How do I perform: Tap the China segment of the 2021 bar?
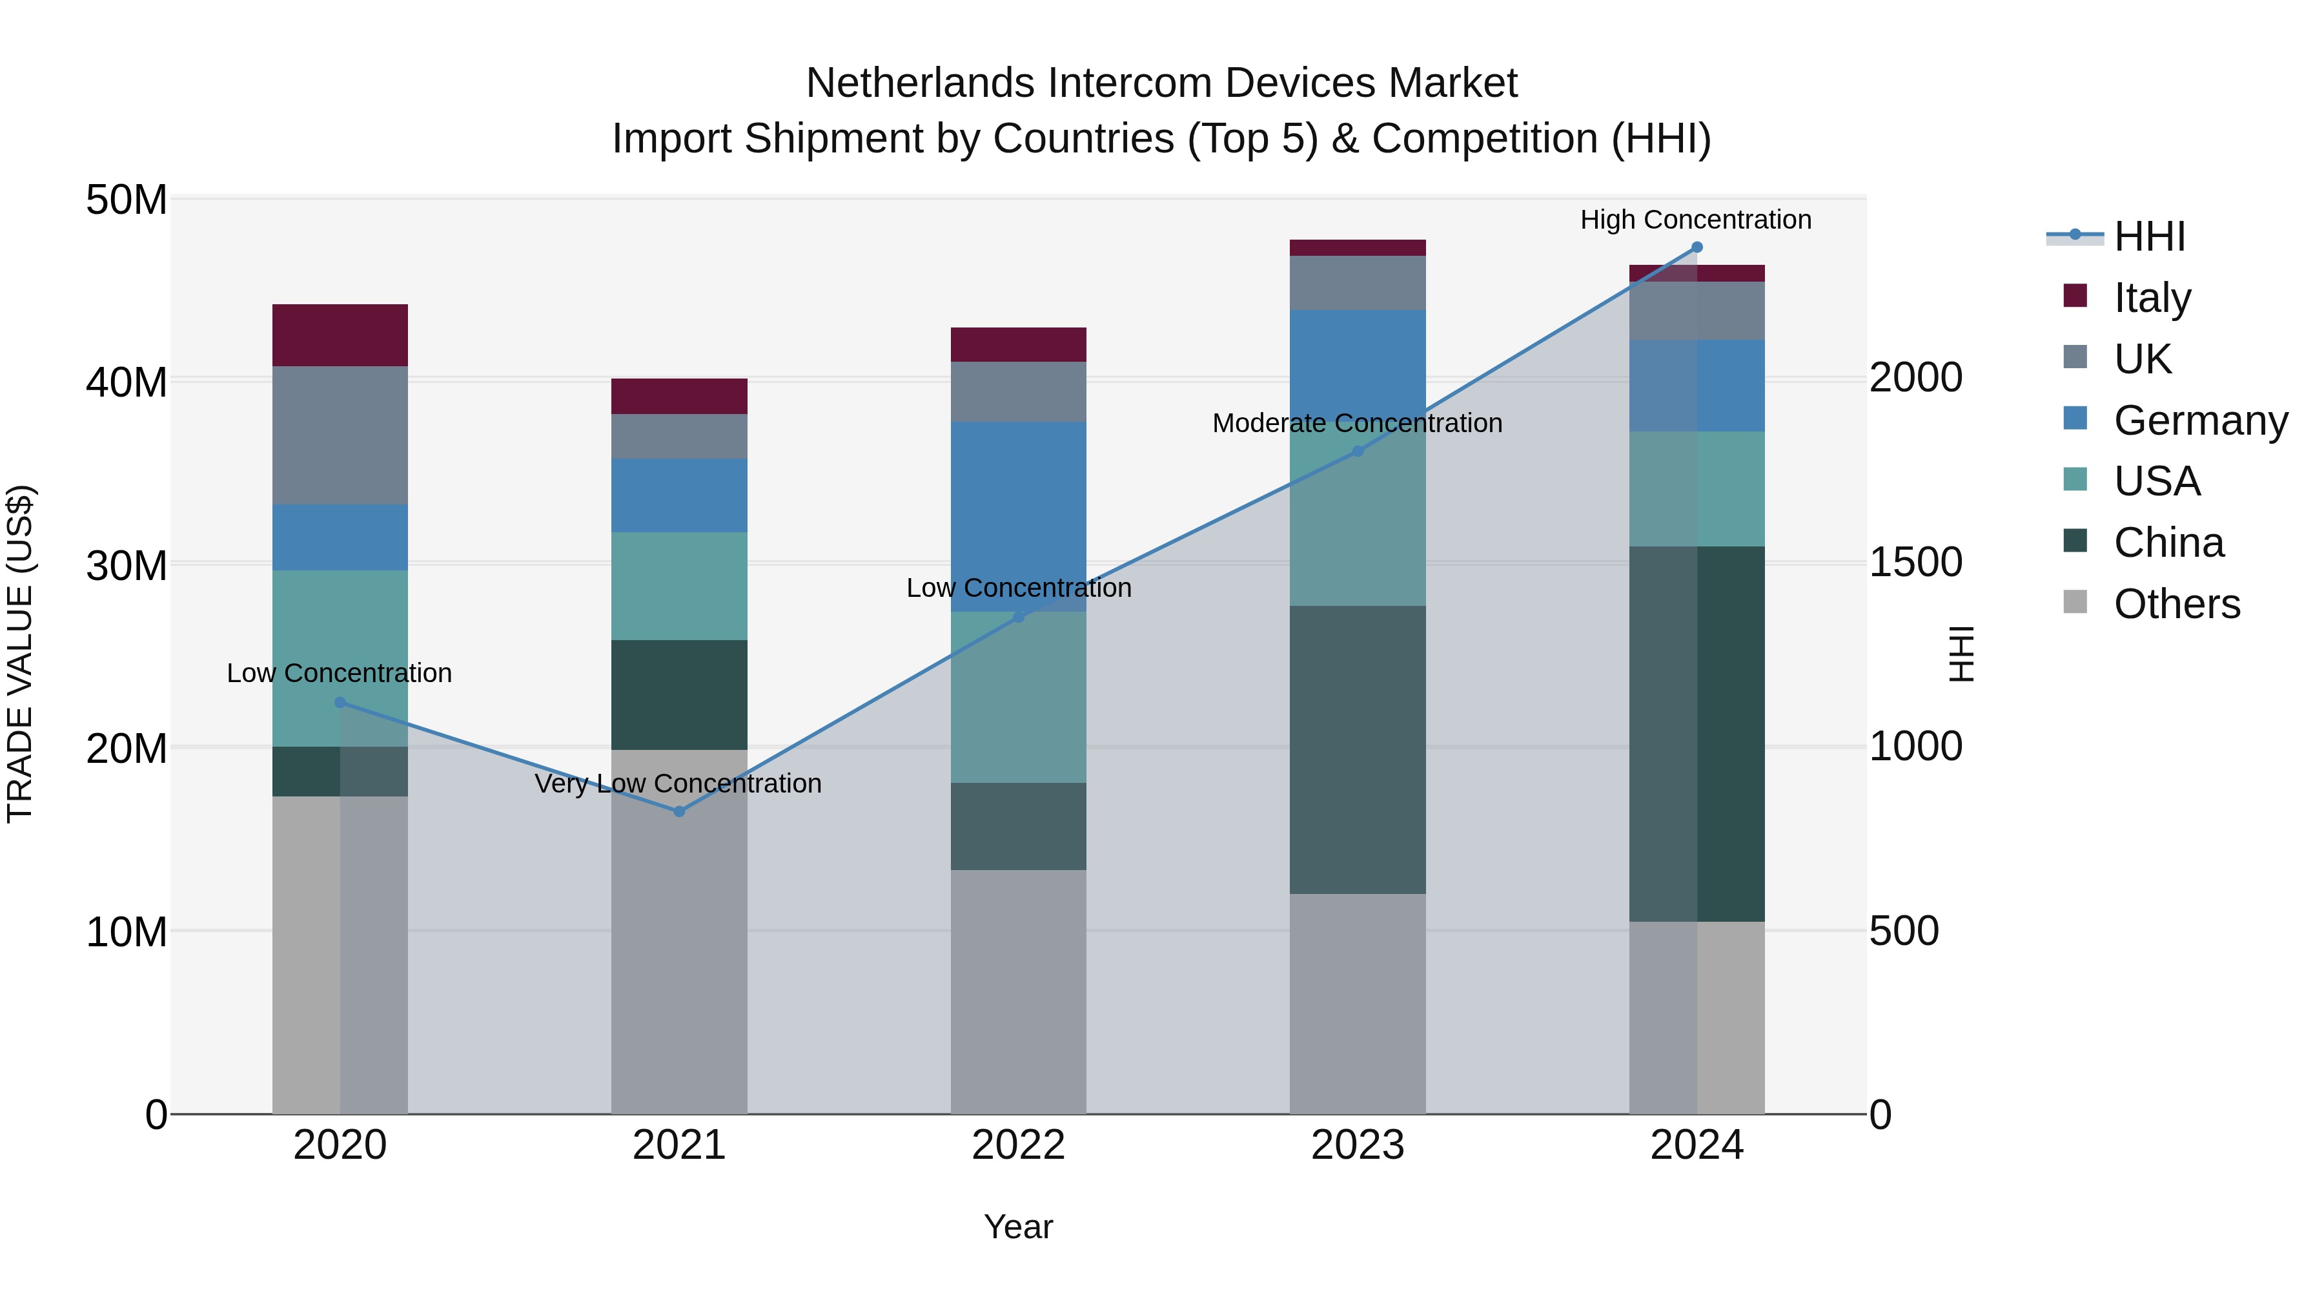678,694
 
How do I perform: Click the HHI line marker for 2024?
1697,247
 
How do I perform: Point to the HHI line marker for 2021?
679,811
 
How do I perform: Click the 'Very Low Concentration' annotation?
678,784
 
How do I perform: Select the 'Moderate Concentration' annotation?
1357,423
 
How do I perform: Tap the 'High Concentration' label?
1695,220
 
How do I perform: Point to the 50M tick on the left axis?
127,200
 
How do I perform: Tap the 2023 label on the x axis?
1357,1145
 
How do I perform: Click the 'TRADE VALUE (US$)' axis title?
20,654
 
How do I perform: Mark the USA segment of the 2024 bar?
1697,488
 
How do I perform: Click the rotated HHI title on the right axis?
1961,654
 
